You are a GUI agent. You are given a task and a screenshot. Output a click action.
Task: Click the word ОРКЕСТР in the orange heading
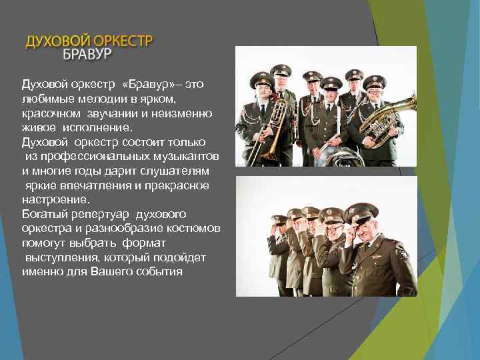[121, 41]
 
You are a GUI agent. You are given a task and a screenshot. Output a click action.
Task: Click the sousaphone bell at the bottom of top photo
[333, 158]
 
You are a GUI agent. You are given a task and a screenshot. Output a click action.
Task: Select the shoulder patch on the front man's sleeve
[401, 253]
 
